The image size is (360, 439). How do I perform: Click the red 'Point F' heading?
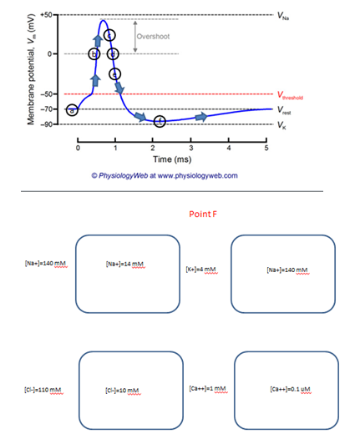click(204, 214)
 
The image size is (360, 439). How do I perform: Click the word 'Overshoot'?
click(155, 38)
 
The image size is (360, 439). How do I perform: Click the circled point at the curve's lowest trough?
click(160, 122)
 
